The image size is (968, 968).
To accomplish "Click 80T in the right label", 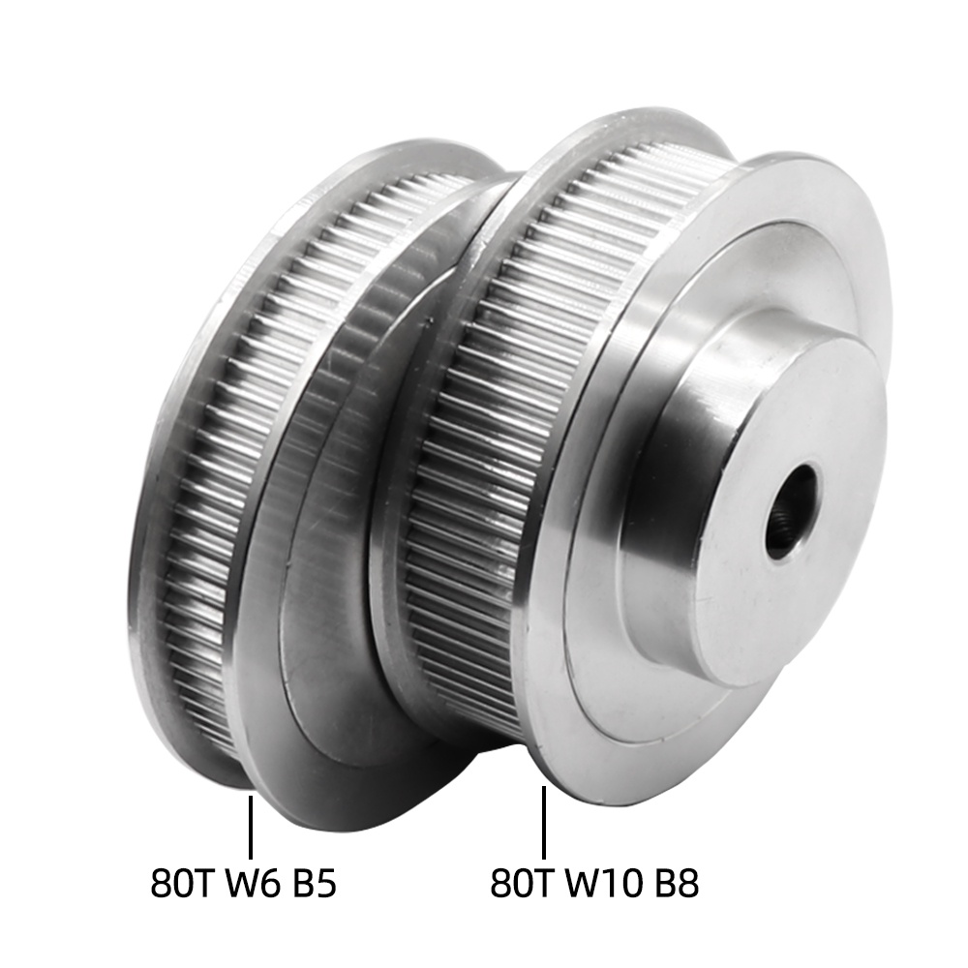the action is [x=521, y=883].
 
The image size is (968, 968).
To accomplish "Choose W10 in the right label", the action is [x=604, y=883].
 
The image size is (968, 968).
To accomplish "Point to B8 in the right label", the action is [x=678, y=883].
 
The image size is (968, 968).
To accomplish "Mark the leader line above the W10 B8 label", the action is [x=544, y=822].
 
